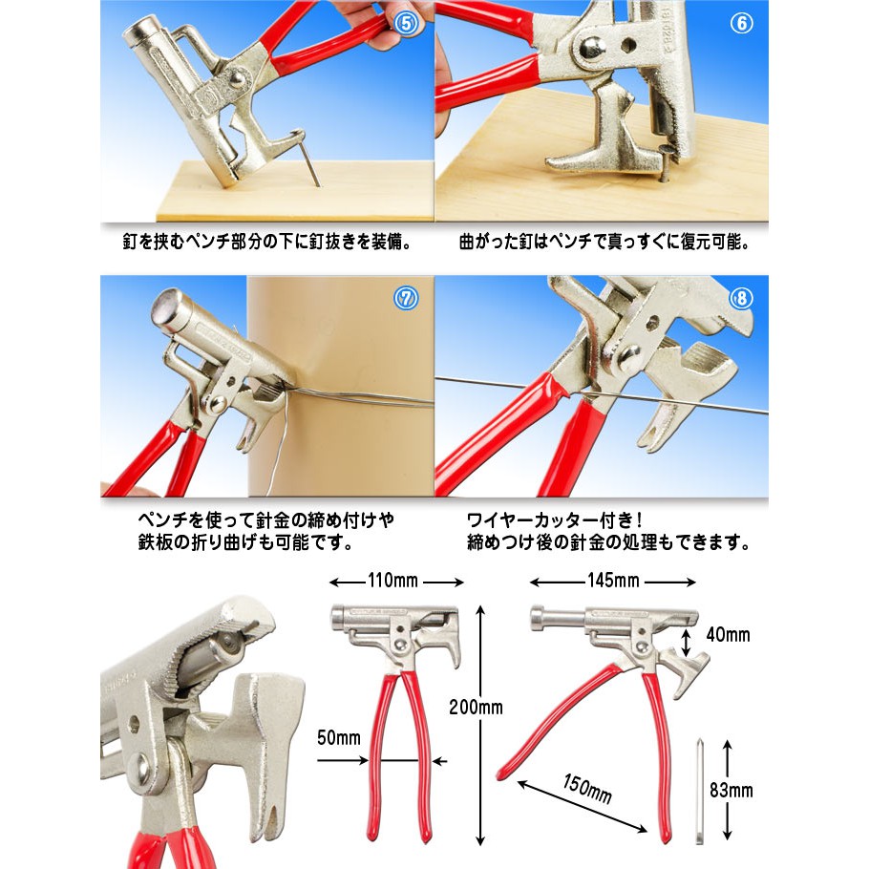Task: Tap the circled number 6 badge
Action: pos(742,23)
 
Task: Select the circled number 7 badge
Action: pos(406,298)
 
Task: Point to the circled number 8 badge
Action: pos(741,298)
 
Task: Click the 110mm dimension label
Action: pos(392,581)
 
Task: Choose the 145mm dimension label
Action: pos(613,581)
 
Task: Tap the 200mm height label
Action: pos(477,708)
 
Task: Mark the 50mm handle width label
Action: pos(339,737)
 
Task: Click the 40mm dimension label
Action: pos(729,635)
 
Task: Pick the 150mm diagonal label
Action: pos(587,789)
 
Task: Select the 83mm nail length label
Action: pos(731,791)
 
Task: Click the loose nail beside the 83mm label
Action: pos(699,793)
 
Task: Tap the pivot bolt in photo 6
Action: pos(591,49)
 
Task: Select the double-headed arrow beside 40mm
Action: pos(686,643)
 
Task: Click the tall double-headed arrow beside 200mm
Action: pos(480,726)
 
